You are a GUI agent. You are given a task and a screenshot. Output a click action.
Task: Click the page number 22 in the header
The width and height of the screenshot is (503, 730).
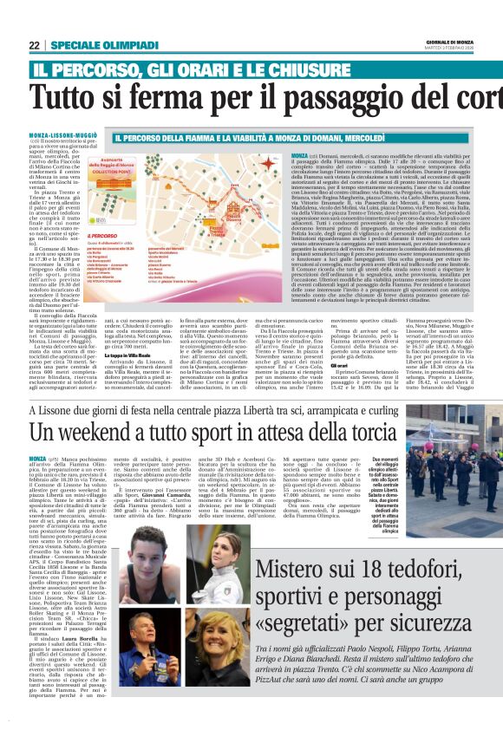(x=36, y=46)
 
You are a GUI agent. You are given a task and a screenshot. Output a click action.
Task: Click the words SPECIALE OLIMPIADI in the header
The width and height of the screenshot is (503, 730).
(x=98, y=46)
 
